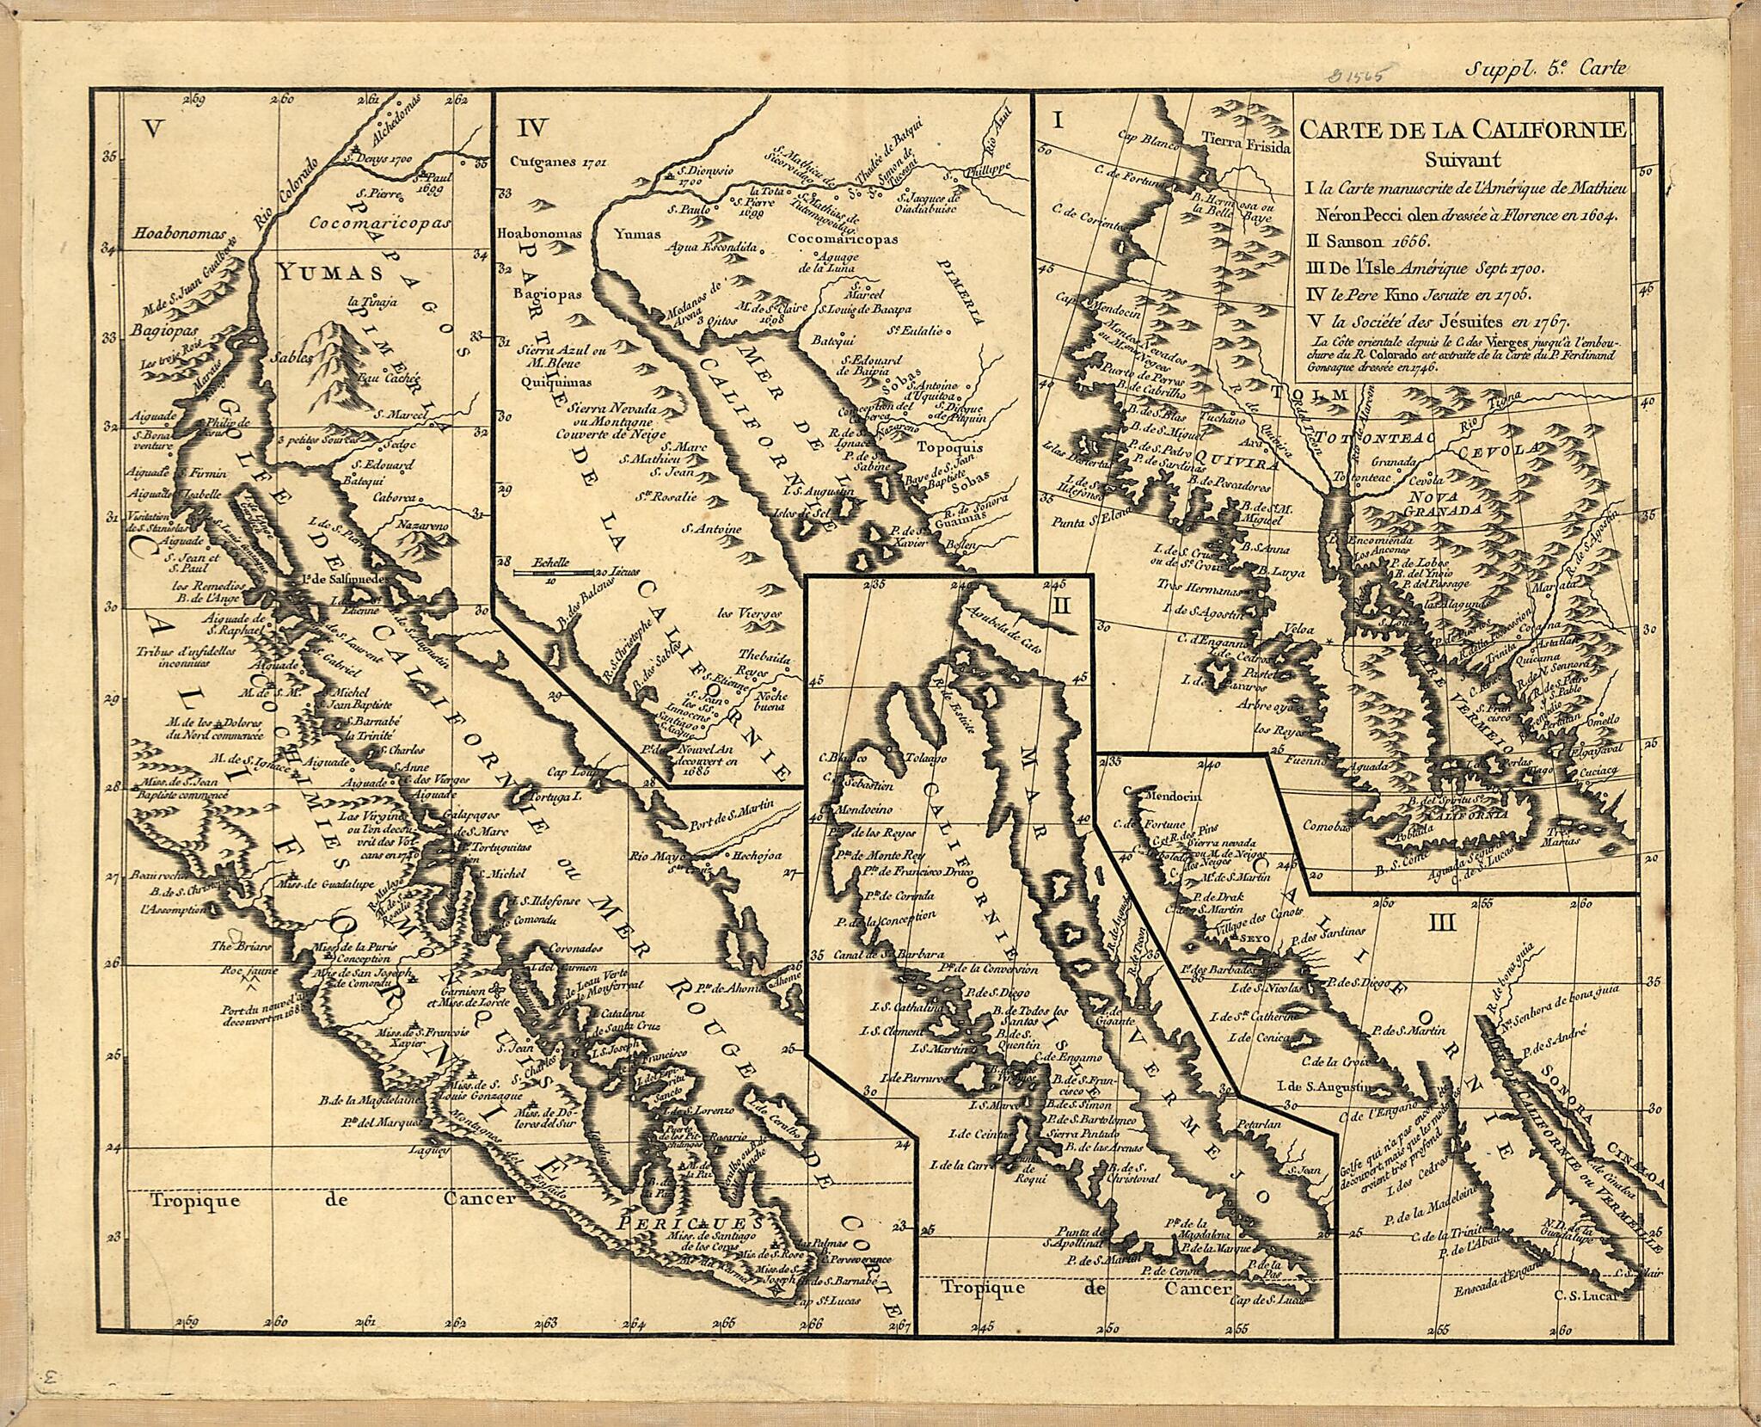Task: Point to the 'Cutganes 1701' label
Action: pos(547,160)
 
